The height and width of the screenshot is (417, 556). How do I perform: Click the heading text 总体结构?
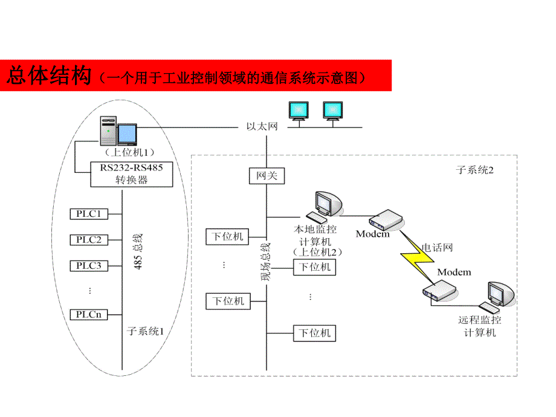point(48,76)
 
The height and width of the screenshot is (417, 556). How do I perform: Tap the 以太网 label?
point(262,127)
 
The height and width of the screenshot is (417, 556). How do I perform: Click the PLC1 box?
point(89,214)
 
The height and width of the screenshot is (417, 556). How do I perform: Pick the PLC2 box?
point(89,240)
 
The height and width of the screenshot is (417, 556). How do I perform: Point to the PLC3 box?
point(89,265)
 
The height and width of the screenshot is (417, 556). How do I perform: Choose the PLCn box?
point(89,314)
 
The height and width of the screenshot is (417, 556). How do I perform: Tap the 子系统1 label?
point(145,331)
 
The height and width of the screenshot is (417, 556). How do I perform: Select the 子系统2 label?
point(475,170)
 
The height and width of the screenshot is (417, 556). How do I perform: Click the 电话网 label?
point(436,247)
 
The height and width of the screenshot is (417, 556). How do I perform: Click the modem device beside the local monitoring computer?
point(384,220)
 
